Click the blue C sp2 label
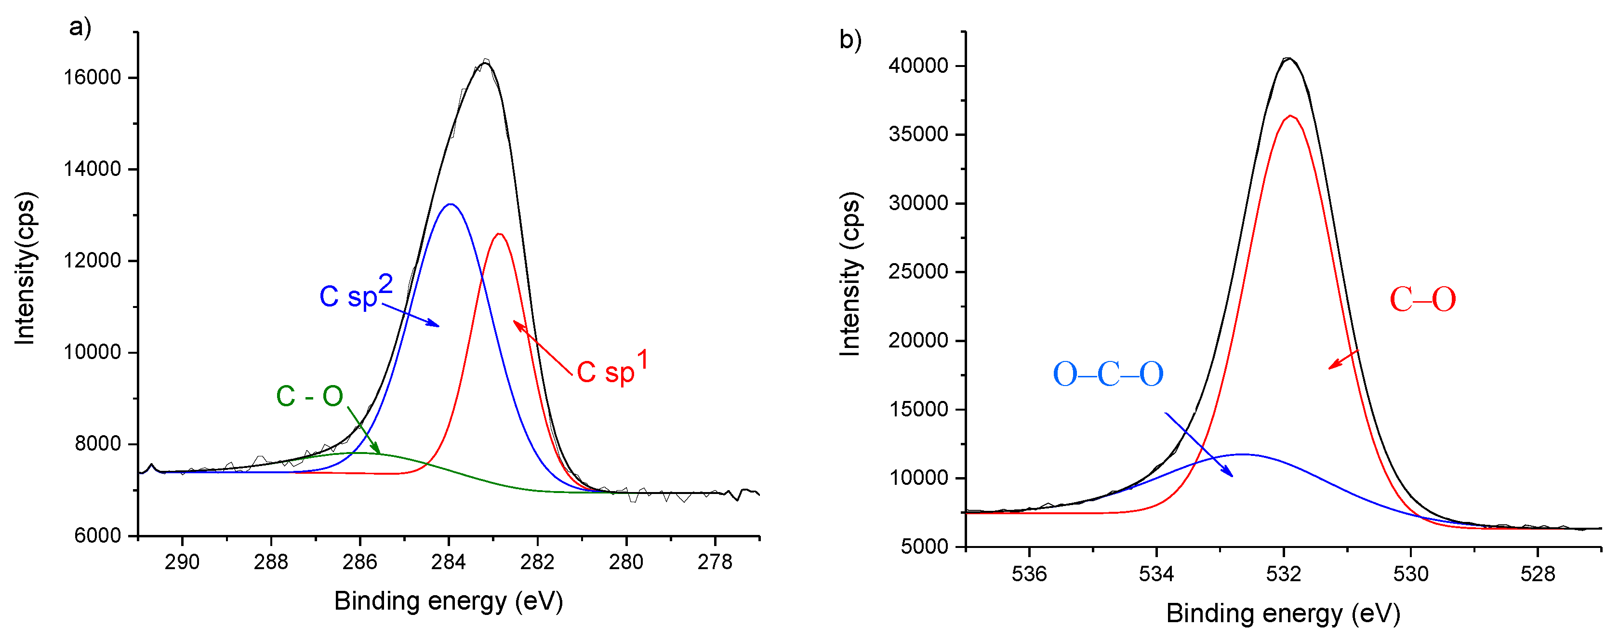tap(356, 293)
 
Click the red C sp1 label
tap(611, 370)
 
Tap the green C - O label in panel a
tap(309, 396)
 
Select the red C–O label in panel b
tap(1422, 299)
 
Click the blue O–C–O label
tap(1107, 374)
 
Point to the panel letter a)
tap(80, 27)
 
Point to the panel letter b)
tap(849, 40)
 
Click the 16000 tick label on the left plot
tap(93, 77)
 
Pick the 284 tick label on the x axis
tap(448, 561)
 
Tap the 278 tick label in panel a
tap(715, 561)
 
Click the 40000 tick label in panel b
tap(917, 66)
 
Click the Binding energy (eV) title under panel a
tap(448, 601)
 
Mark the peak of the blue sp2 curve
tap(451, 204)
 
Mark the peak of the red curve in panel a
tap(500, 234)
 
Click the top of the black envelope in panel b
tap(1289, 58)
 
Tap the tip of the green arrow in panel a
tap(380, 453)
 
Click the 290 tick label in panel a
tap(182, 561)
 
